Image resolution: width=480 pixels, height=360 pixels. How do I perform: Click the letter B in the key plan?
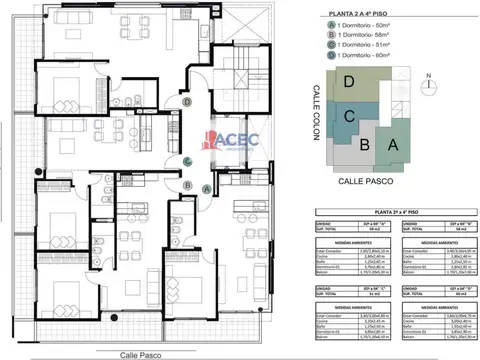[365, 146]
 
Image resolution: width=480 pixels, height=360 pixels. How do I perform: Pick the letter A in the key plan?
[393, 143]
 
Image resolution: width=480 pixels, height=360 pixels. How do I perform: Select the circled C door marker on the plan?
[188, 163]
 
